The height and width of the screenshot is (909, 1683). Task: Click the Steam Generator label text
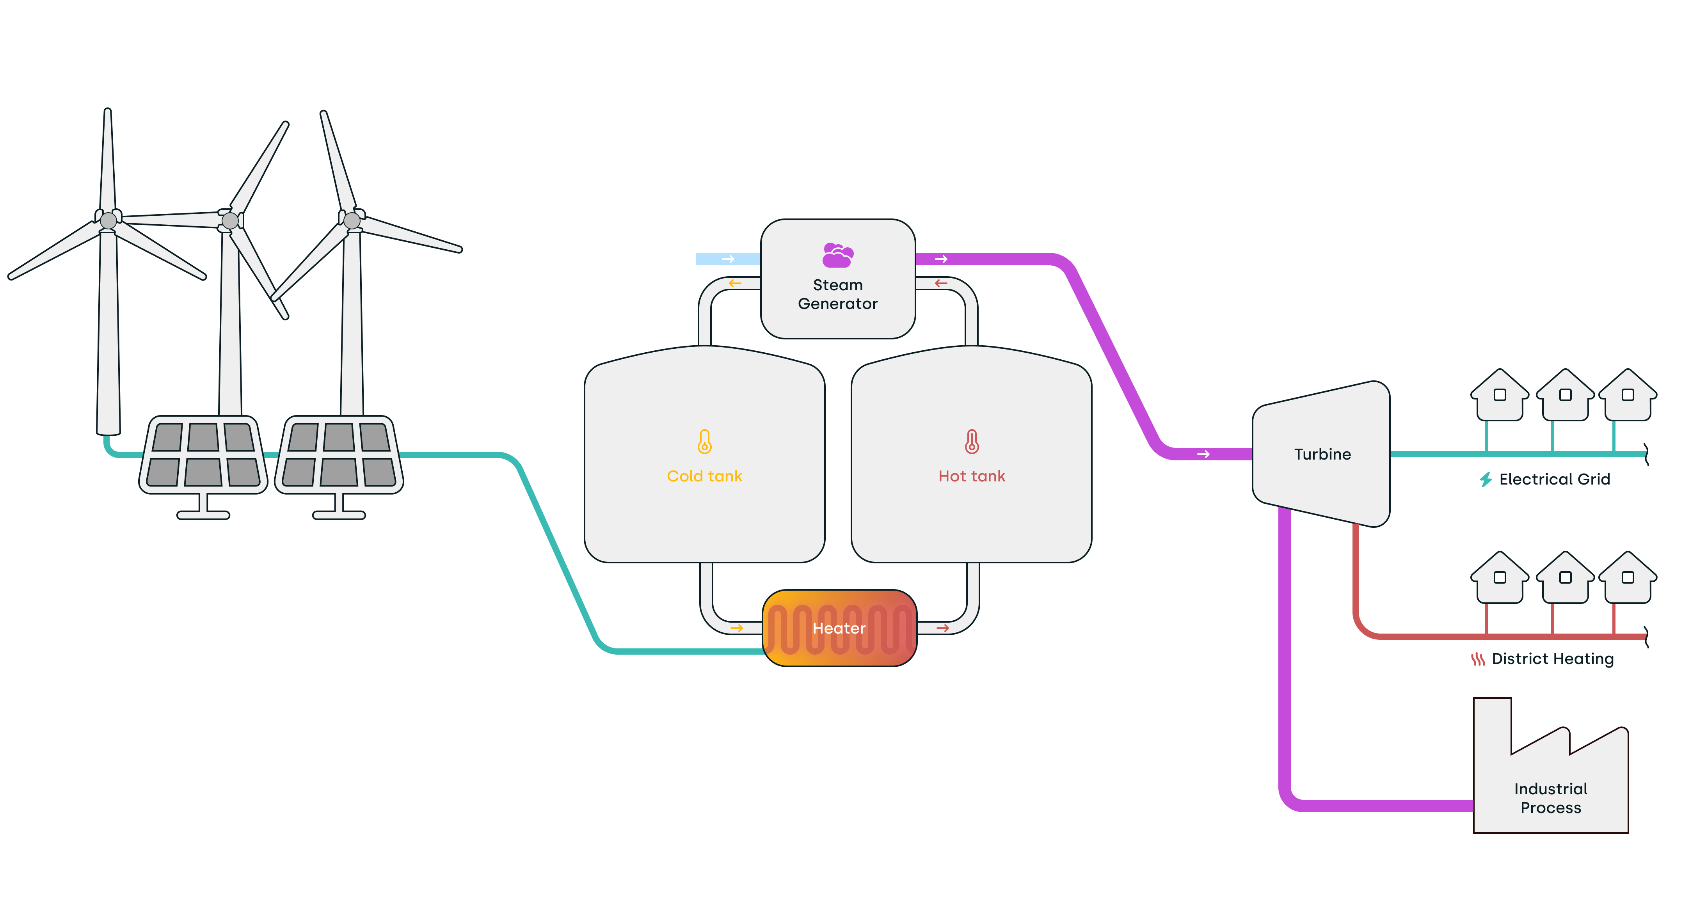pos(837,295)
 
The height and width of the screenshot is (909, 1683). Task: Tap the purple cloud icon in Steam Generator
pos(837,255)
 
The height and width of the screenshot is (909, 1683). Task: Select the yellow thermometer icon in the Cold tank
pos(704,442)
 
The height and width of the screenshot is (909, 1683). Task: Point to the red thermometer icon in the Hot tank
pos(972,442)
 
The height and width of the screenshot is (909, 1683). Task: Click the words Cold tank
pos(704,476)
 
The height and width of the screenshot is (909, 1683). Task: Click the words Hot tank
pos(972,476)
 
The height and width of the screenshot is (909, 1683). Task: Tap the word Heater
pos(839,628)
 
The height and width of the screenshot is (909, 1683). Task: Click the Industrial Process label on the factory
pos(1550,798)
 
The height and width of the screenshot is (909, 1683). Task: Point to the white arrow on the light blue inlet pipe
pos(728,259)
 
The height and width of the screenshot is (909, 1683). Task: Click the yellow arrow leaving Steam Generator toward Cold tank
pos(735,283)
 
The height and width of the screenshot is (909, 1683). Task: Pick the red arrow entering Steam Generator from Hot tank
pos(941,283)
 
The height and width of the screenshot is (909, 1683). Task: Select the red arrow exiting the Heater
pos(942,628)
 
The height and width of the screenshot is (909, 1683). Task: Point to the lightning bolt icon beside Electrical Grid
pos(1486,480)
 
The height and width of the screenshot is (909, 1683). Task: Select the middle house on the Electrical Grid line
pos(1565,395)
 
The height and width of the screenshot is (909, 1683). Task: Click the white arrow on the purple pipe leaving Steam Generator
pos(941,259)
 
